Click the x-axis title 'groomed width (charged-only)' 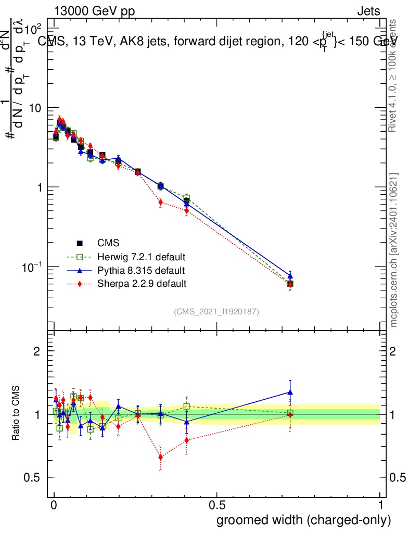(303, 520)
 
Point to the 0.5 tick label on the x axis (217, 505)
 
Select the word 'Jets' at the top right (368, 11)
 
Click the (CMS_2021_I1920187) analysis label (216, 311)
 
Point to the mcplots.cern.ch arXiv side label (394, 250)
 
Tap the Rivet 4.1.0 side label (394, 75)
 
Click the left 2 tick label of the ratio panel (36, 351)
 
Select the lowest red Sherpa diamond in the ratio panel (161, 457)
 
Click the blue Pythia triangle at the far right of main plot (290, 275)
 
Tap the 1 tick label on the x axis (380, 505)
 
